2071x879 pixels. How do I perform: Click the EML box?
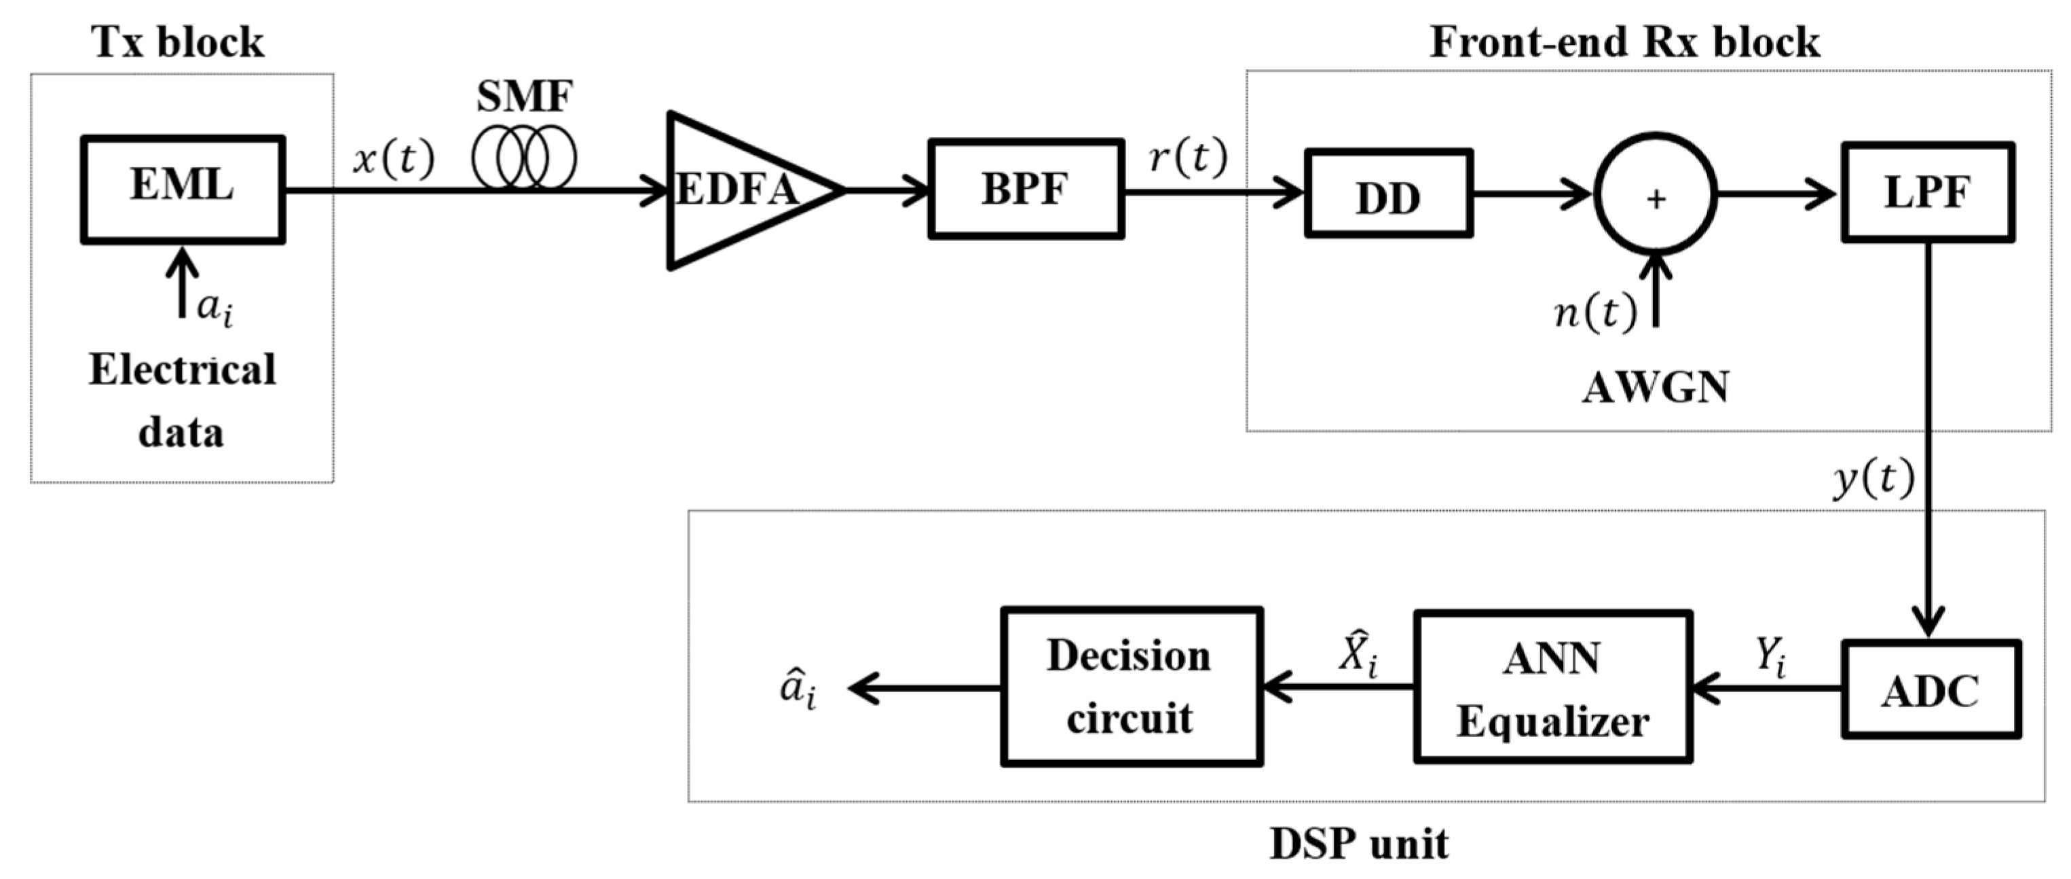183,189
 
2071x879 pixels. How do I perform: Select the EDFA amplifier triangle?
736,191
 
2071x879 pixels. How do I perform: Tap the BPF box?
1025,189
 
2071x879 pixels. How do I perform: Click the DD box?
1388,193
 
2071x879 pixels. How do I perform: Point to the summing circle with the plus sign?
1656,195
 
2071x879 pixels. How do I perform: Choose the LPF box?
1927,192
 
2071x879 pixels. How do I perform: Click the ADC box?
1930,689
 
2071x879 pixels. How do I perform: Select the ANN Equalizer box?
1552,687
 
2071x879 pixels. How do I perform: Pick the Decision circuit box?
1131,686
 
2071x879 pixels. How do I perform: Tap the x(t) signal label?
394,158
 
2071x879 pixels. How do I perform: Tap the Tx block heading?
178,42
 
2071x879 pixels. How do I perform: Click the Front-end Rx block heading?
1624,42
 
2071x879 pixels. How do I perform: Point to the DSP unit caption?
1359,844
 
